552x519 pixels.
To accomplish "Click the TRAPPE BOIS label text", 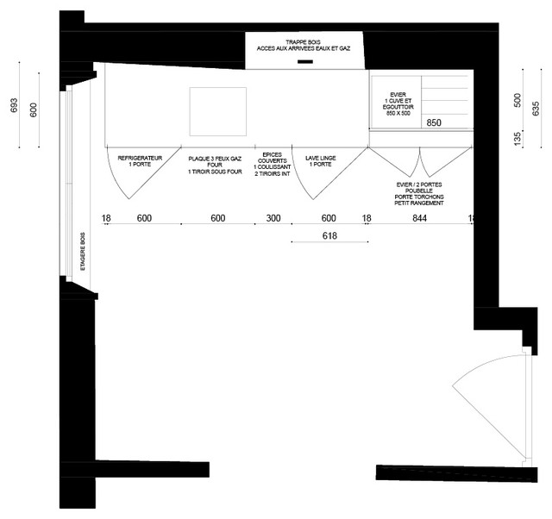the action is [x=303, y=42].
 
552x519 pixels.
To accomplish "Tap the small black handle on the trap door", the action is [x=305, y=62].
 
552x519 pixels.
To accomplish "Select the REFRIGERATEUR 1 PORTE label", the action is [x=140, y=161].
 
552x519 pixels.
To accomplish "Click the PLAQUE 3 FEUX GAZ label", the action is [x=215, y=159].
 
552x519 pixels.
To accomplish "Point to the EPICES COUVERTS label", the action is [x=273, y=158].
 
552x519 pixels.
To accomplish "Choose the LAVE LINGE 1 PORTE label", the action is [x=320, y=161].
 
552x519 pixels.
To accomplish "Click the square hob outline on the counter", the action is [x=218, y=111].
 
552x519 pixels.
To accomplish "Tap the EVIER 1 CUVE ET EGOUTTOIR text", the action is [x=398, y=101].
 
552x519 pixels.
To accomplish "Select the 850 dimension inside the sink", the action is [x=434, y=122].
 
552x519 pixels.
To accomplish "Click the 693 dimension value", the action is [x=14, y=105].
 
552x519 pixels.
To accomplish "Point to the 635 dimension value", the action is [x=536, y=109].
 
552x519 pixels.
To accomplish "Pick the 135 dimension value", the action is [x=517, y=139].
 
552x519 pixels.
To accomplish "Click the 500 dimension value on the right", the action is [x=517, y=100].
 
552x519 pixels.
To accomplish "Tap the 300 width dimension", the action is [x=273, y=218].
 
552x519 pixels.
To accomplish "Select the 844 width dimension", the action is [x=420, y=218].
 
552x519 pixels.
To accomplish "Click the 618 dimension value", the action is [x=329, y=235].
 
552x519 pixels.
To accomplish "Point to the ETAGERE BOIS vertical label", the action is [x=83, y=251].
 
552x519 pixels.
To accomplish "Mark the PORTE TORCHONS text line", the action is [x=419, y=197].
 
